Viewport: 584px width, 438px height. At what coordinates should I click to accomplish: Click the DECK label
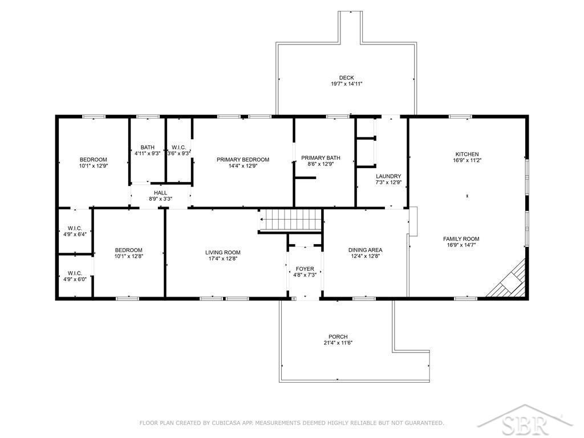click(x=346, y=78)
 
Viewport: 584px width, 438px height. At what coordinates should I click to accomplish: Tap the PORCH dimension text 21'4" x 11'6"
click(x=338, y=343)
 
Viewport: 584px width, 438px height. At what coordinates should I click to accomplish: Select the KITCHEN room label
click(x=467, y=154)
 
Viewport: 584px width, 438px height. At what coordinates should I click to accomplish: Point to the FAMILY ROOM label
click(x=461, y=239)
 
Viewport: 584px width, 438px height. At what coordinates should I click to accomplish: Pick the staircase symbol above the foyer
click(x=290, y=220)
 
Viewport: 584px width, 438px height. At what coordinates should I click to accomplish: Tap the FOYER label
click(x=305, y=269)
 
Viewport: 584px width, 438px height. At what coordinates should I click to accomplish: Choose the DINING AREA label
click(x=366, y=250)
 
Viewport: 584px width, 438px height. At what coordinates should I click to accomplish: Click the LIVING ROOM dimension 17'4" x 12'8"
click(x=223, y=258)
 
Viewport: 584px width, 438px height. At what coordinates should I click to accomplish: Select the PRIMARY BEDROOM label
click(x=243, y=160)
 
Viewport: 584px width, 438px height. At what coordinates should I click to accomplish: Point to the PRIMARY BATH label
click(x=321, y=158)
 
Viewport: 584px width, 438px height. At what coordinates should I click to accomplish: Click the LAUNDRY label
click(x=388, y=176)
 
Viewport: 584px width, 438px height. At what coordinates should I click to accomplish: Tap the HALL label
click(x=160, y=193)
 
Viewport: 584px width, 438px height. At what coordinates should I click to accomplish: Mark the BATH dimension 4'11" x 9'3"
click(x=148, y=153)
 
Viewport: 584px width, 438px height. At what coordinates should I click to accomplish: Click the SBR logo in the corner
click(x=525, y=421)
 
